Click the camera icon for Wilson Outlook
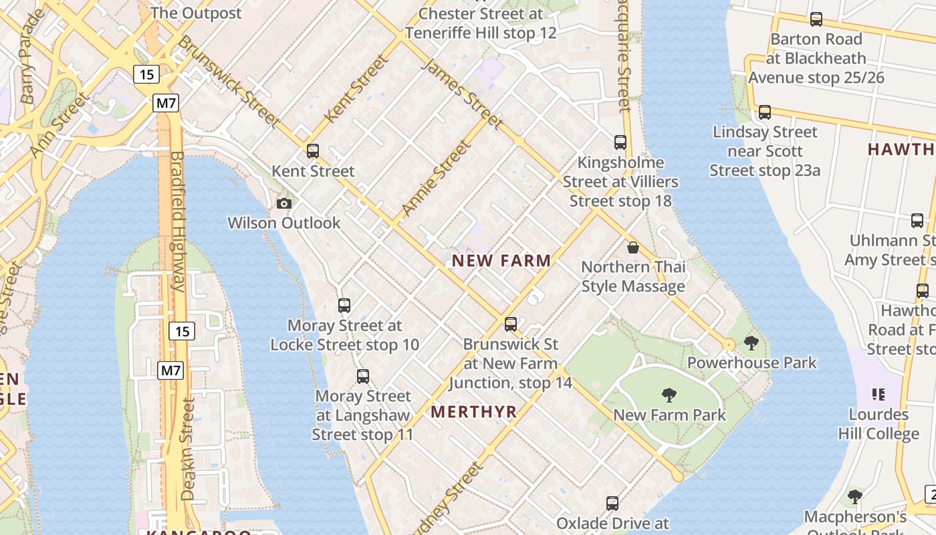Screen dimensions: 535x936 coord(284,203)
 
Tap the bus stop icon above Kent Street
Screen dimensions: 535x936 coord(313,151)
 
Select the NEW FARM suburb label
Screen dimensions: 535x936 coord(501,261)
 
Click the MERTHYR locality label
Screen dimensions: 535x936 coord(474,412)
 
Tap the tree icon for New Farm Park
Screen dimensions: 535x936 coord(669,395)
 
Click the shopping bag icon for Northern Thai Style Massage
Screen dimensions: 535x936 coord(633,248)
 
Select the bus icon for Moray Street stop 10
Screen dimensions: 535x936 coord(344,306)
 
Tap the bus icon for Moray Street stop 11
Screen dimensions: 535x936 coord(363,377)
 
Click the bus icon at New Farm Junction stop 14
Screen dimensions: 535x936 coord(511,324)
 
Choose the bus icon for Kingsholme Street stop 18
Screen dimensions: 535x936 coord(620,142)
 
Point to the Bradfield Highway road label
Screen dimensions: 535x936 coord(177,221)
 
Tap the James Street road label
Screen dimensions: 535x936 coord(462,93)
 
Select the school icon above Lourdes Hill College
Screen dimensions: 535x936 coord(879,395)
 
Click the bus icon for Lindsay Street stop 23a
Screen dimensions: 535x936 coord(765,112)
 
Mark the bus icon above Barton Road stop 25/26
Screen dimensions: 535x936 coord(816,19)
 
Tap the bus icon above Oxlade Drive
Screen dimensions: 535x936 coord(612,504)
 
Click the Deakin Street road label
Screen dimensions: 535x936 coord(189,449)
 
